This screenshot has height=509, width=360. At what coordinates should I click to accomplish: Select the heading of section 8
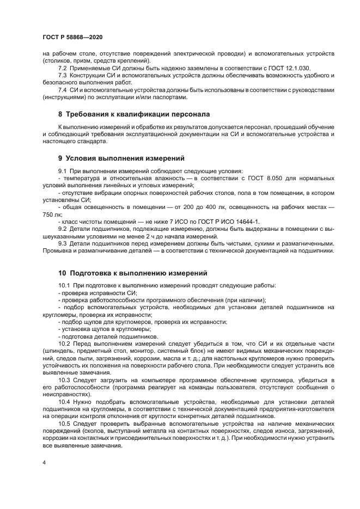(134, 114)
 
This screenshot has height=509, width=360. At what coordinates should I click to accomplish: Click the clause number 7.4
(63, 90)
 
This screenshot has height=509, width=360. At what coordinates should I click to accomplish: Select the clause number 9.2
(63, 229)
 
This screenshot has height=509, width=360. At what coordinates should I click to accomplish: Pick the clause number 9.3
(63, 243)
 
